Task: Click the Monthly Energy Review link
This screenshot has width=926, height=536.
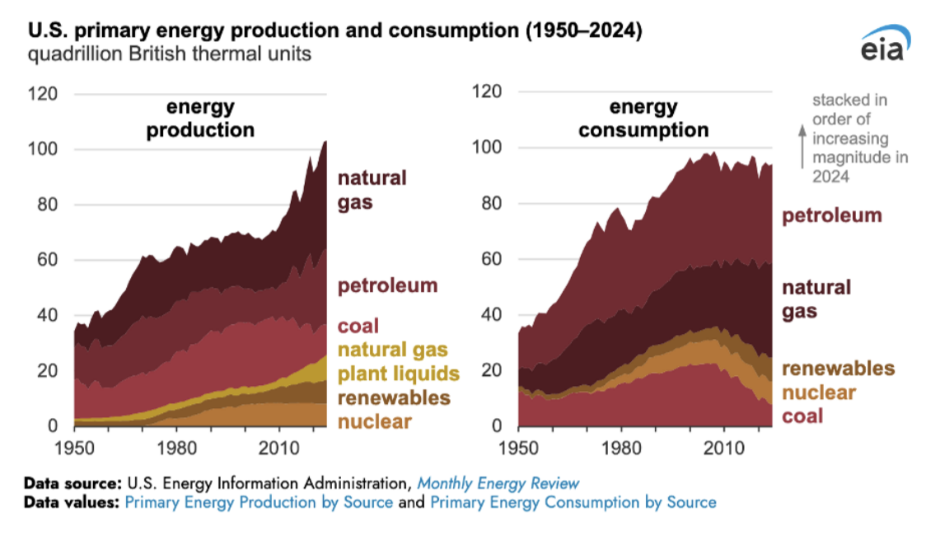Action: (498, 483)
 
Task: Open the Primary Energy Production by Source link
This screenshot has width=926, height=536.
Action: (259, 502)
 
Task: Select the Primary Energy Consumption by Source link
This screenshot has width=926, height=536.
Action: (573, 502)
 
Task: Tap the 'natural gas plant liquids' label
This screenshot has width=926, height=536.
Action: (398, 360)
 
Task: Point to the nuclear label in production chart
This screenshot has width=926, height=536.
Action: (375, 423)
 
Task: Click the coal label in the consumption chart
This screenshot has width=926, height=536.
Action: (802, 416)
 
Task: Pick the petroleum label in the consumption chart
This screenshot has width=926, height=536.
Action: (831, 216)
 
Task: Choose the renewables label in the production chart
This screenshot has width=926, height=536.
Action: (394, 398)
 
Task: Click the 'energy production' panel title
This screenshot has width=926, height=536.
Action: (200, 119)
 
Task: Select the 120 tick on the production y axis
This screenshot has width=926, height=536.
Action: (44, 94)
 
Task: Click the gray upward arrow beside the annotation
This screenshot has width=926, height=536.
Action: (799, 144)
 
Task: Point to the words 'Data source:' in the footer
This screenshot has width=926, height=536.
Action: (72, 483)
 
